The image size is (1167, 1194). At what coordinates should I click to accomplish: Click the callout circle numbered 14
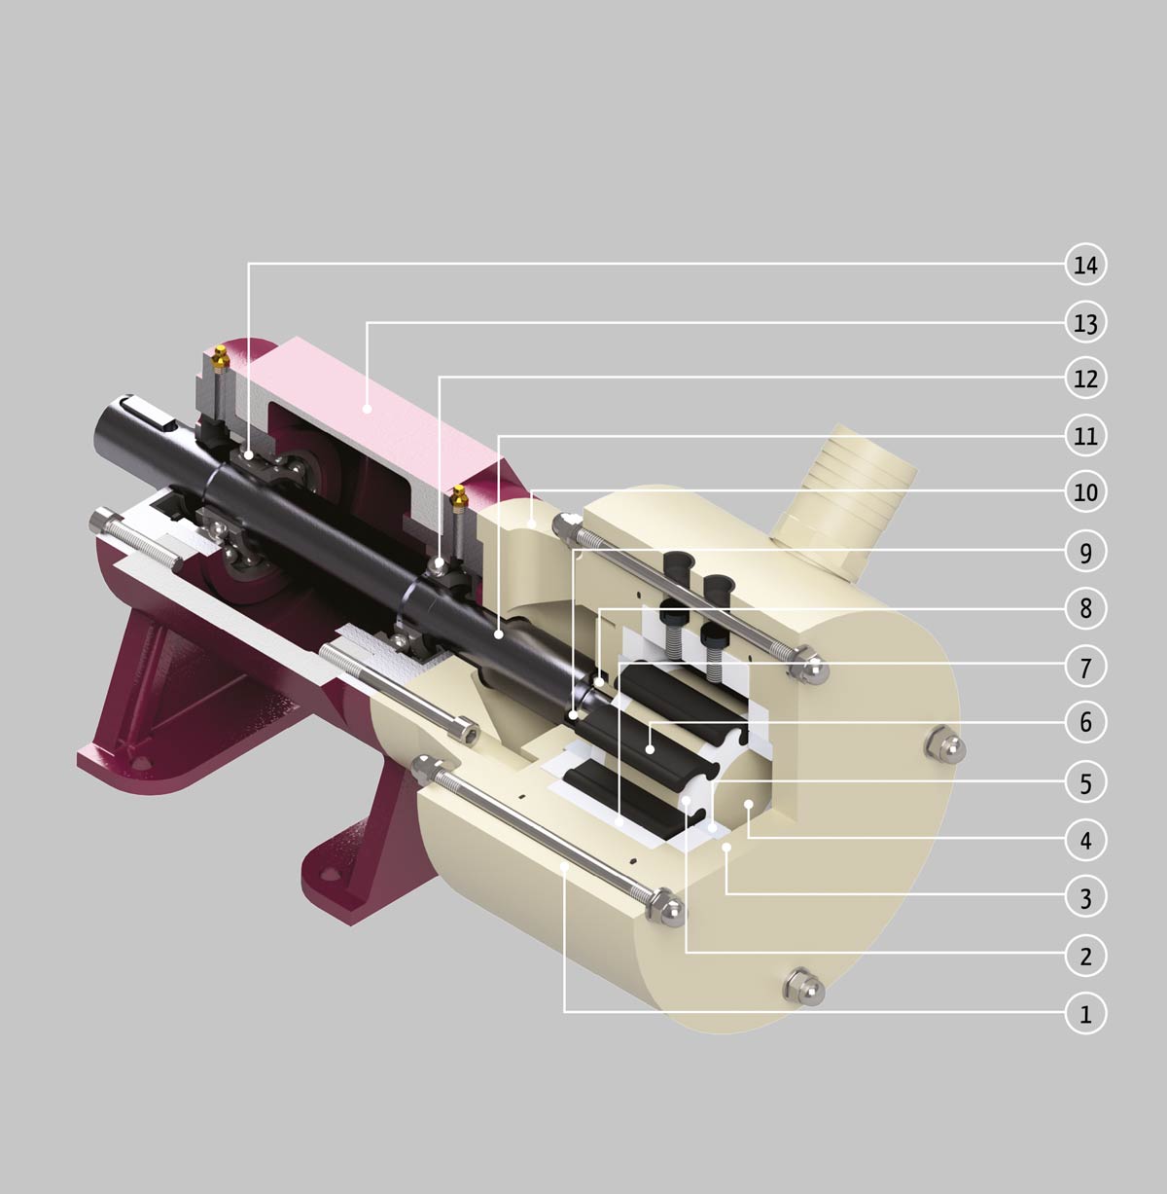tap(1085, 265)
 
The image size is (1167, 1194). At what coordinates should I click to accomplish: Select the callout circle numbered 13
tap(1085, 323)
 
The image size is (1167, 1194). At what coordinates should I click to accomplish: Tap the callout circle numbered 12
tap(1085, 378)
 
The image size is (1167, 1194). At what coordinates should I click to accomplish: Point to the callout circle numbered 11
tap(1085, 436)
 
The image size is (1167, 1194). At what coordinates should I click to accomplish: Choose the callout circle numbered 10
tap(1085, 491)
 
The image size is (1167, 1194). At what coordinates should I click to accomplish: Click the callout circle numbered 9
tap(1085, 552)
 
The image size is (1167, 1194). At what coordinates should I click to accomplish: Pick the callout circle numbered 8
tap(1085, 608)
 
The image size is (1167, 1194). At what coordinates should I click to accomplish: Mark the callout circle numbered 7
tap(1085, 667)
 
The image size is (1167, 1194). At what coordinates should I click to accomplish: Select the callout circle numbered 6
tap(1085, 721)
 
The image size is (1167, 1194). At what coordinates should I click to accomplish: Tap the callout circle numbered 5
tap(1085, 783)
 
